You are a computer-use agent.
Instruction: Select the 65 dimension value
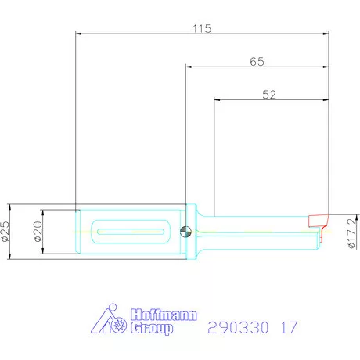pos(256,60)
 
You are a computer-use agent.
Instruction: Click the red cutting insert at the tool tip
pos(319,218)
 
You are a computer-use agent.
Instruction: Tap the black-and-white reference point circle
pos(184,231)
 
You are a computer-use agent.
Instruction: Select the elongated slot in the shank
pos(129,231)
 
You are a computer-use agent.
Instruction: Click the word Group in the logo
pos(150,329)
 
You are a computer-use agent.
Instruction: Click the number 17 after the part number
pos(288,326)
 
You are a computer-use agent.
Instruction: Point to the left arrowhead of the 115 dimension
pos(78,34)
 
